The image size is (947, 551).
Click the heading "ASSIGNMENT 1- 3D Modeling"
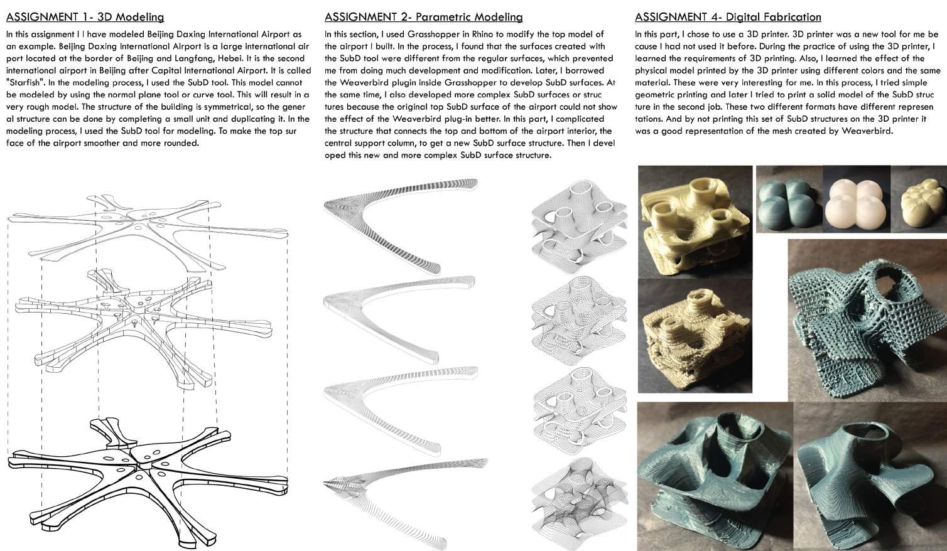point(85,18)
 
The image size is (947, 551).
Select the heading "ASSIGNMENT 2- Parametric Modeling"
point(423,18)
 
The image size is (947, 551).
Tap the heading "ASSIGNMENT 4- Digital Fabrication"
point(727,18)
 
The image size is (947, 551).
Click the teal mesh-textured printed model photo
point(867,317)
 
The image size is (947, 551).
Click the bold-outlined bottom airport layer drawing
point(144,471)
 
